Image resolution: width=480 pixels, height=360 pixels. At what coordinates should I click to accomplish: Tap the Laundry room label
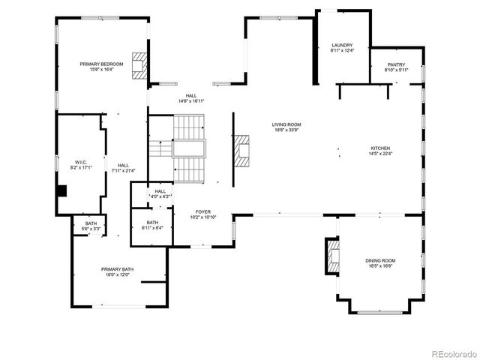tap(342, 45)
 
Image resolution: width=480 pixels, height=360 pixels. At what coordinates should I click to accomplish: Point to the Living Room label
tap(286, 124)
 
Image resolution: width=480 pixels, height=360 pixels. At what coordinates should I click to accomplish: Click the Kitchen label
tap(380, 148)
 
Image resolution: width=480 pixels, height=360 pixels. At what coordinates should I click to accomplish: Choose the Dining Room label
tap(379, 261)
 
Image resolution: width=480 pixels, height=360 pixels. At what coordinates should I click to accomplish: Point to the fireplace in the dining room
tap(329, 256)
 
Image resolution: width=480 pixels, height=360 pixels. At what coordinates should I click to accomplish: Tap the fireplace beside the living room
tap(240, 153)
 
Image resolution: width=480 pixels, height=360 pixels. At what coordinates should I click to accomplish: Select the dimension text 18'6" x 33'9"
tap(286, 130)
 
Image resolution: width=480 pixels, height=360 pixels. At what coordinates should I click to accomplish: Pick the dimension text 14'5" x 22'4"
tap(380, 154)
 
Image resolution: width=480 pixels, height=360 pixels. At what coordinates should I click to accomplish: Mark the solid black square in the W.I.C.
tap(61, 190)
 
